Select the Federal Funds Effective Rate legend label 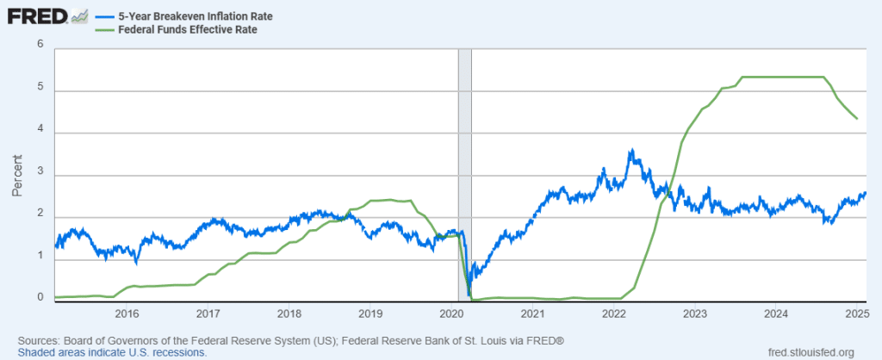click(x=171, y=29)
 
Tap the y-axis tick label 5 click(x=40, y=91)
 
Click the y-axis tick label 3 click(x=40, y=176)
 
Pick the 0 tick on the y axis click(x=40, y=297)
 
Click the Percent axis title click(x=16, y=176)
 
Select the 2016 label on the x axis click(x=127, y=313)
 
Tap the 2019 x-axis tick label click(x=370, y=313)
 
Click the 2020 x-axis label click(x=452, y=313)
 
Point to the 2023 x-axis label click(x=695, y=313)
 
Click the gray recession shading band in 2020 click(x=464, y=172)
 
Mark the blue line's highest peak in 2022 click(x=631, y=150)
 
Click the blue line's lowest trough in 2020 click(x=469, y=295)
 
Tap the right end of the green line click(x=856, y=119)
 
